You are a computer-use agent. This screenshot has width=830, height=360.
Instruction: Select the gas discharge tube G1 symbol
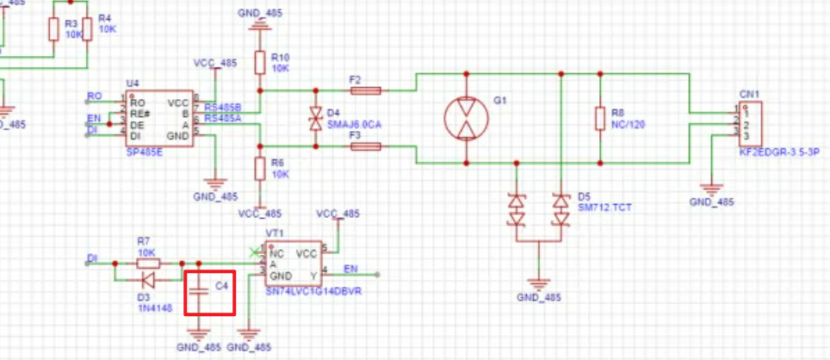tap(465, 118)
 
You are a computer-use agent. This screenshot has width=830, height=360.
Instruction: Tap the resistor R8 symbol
tap(599, 119)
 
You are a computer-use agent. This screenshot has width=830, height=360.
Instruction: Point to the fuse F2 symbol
tap(366, 90)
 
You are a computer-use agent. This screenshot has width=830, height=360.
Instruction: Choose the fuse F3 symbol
tap(366, 147)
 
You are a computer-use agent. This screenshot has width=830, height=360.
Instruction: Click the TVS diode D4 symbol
tap(316, 119)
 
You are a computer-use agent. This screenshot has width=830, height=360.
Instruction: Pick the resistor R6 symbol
tap(259, 170)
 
